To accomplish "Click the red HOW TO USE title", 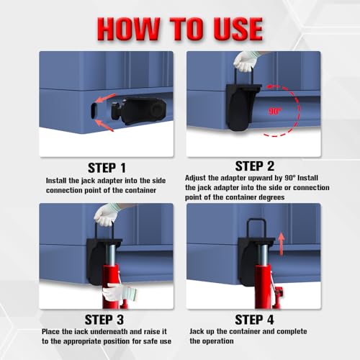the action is click(x=180, y=29).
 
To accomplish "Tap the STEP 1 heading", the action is click(x=107, y=168).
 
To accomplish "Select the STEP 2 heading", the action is click(x=255, y=166).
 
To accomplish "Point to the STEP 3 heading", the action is click(x=104, y=320).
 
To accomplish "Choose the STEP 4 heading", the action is click(x=254, y=320).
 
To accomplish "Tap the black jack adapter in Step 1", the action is click(x=139, y=111).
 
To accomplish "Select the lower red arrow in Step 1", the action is click(x=104, y=125).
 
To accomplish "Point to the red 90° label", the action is click(x=274, y=111).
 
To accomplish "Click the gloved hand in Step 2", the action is click(x=246, y=61).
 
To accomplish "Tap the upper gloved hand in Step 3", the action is click(x=107, y=215).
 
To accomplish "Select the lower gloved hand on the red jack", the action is click(x=120, y=292).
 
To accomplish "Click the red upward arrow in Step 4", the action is click(x=282, y=243).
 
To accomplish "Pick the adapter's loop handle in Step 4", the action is click(x=256, y=228).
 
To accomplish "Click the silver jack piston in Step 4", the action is click(x=264, y=255).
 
